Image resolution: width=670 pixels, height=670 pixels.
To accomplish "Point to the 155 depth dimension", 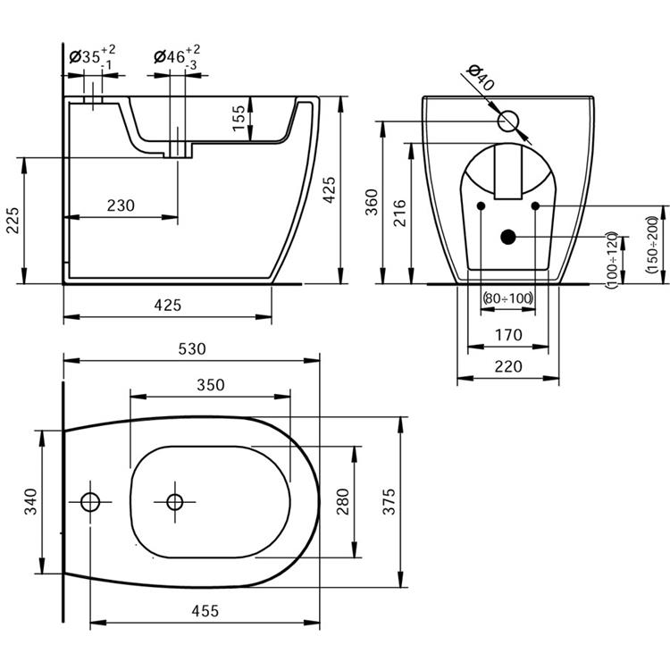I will pos(239,118).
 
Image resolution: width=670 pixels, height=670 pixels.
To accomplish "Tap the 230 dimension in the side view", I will pos(121,205).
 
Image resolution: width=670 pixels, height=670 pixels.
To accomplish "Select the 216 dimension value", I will pos(400,214).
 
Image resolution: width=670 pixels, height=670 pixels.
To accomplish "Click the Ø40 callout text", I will pos(481,80).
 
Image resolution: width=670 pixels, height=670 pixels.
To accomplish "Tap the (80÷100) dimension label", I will pos(507,297).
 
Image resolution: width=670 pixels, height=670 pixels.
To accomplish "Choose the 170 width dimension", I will pos(507,336).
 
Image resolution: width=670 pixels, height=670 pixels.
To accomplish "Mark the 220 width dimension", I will pos(507,365).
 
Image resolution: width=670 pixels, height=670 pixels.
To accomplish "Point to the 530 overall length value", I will pos(191,348).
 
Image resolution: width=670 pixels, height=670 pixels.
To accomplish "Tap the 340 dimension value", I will pos(31,502).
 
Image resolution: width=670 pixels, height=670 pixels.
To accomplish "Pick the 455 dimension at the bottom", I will pos(205,611).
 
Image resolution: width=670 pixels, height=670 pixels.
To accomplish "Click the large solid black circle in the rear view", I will pos(507,237).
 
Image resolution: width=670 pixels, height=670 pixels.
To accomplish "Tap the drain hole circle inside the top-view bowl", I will pos(175,501).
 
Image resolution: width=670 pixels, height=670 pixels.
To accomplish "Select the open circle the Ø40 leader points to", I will pos(509,121).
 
